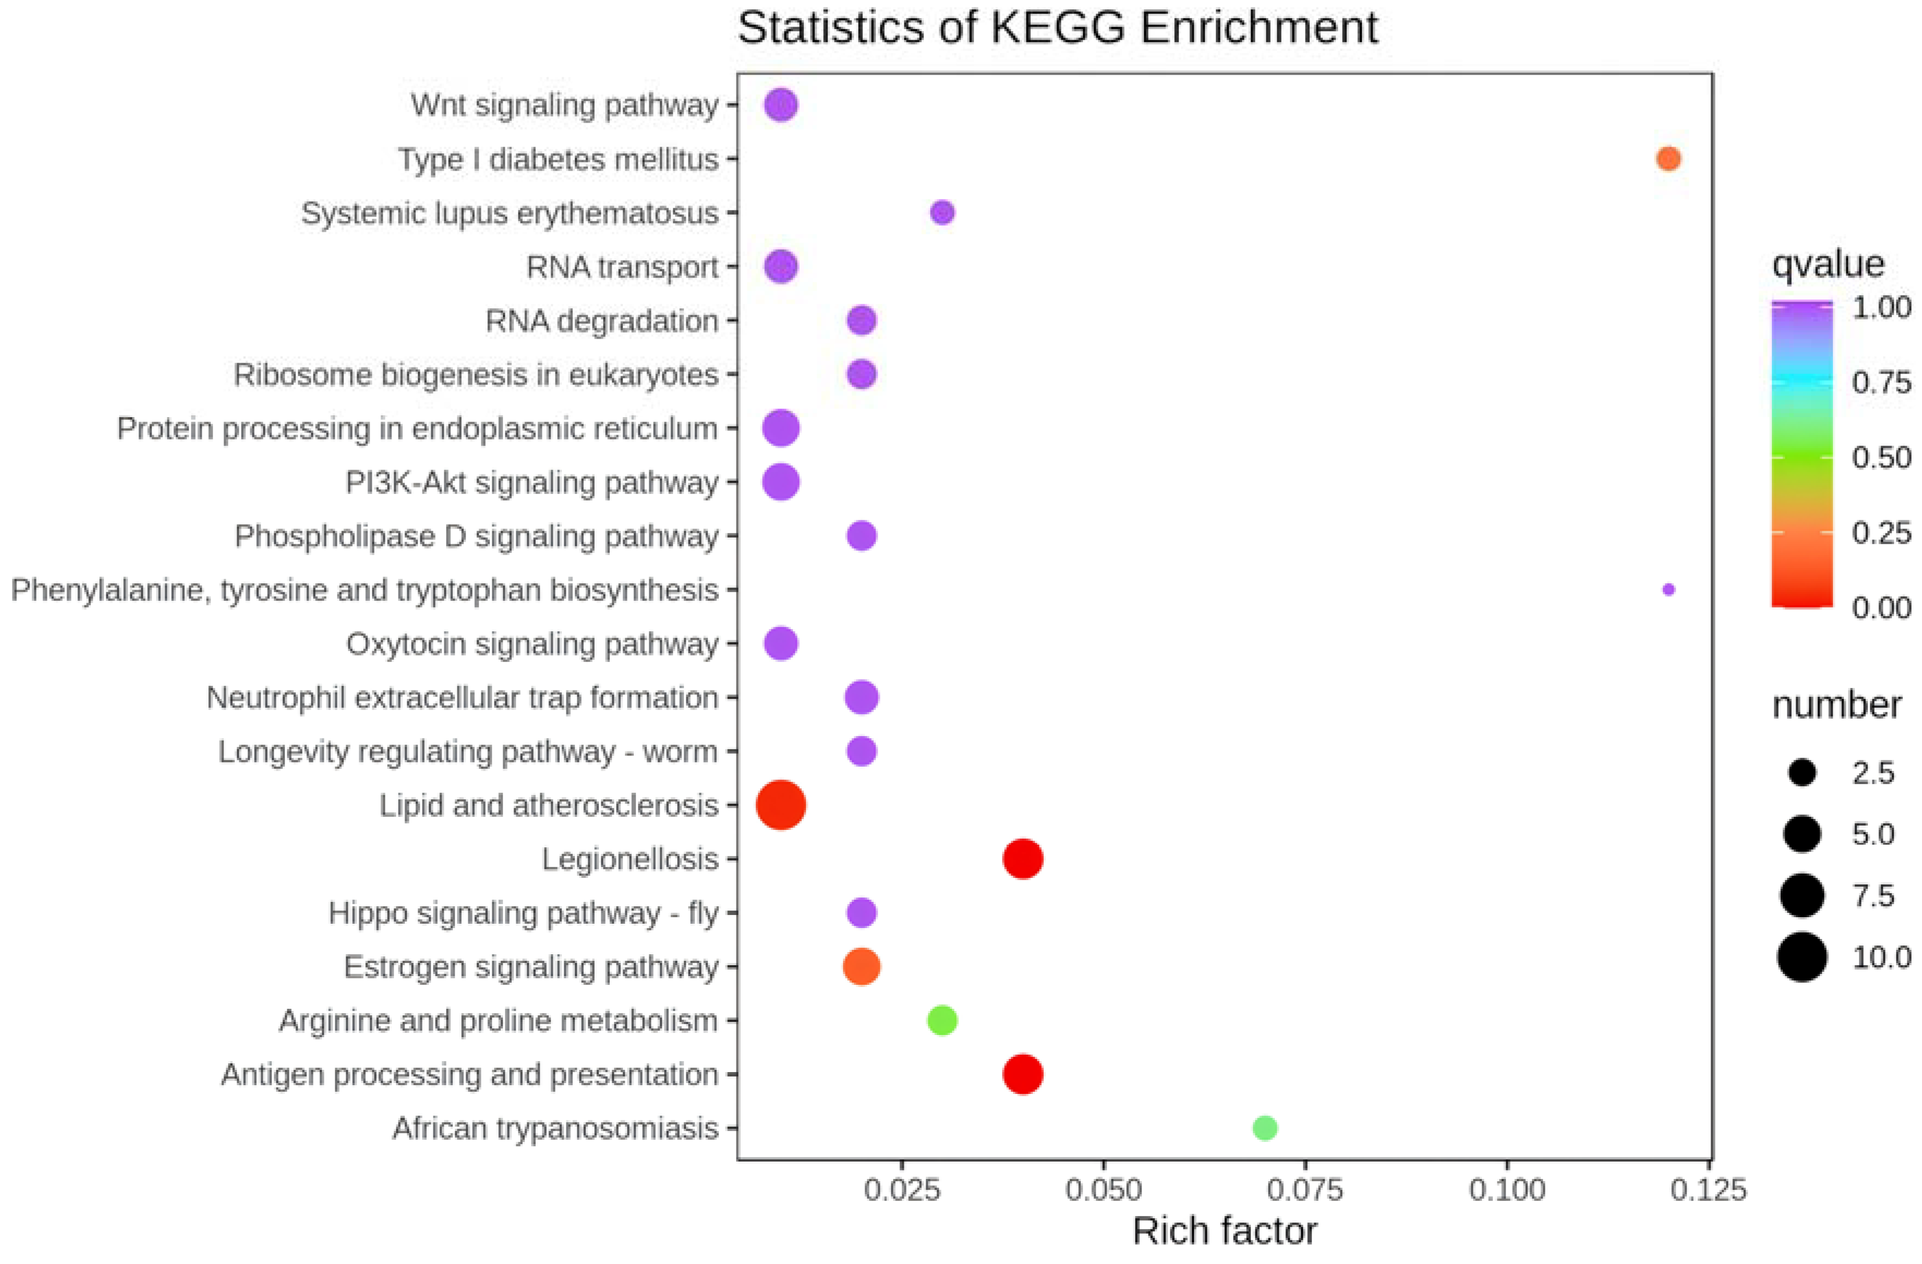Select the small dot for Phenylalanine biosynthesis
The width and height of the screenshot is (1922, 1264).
click(x=1669, y=589)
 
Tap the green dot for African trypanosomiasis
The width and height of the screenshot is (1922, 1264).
click(x=1265, y=1128)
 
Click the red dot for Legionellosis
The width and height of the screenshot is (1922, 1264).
click(x=1023, y=858)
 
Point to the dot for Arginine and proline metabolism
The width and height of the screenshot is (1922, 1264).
click(x=941, y=1020)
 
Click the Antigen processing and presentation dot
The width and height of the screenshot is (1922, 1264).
click(x=1023, y=1074)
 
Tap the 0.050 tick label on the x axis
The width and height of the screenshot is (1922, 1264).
click(x=1103, y=1190)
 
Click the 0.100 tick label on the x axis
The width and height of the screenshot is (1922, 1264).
click(x=1507, y=1190)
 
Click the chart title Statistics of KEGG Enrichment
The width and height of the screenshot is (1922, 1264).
click(x=1058, y=28)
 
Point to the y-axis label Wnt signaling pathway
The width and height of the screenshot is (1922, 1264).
click(x=565, y=105)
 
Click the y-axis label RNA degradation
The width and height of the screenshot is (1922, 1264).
click(x=602, y=321)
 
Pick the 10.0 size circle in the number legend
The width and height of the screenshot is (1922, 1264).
click(x=1802, y=956)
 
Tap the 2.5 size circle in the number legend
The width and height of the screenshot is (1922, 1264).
click(x=1802, y=773)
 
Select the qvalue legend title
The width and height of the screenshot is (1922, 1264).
click(x=1828, y=264)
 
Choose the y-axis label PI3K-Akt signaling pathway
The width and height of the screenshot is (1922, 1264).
click(x=532, y=482)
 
